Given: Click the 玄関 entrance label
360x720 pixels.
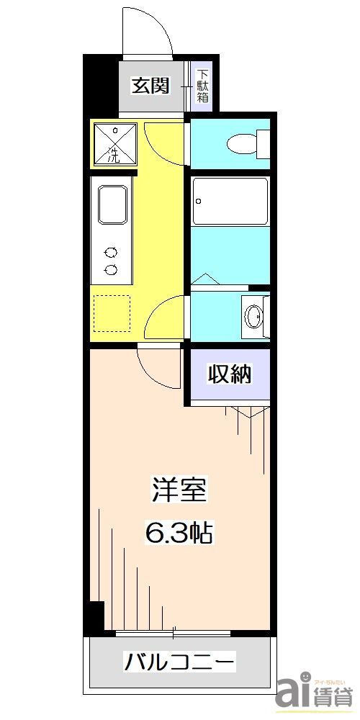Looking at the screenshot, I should [x=150, y=86].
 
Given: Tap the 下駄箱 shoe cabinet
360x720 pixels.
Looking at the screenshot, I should [x=203, y=86].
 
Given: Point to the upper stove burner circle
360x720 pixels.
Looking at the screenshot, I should [x=112, y=253].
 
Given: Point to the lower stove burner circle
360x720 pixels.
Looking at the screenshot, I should [x=112, y=270].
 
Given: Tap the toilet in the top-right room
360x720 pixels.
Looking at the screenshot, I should [x=245, y=144].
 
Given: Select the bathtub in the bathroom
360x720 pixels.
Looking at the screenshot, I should [x=230, y=202].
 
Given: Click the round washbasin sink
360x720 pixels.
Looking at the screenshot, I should [x=252, y=315].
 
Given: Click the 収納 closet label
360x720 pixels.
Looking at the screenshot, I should [x=230, y=374].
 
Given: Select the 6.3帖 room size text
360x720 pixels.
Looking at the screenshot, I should [x=179, y=534].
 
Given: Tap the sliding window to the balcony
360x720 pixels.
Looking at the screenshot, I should [x=173, y=633].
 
